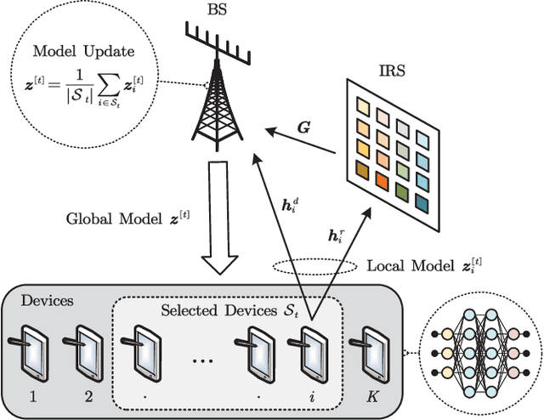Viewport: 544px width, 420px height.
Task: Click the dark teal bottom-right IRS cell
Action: tap(422, 200)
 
